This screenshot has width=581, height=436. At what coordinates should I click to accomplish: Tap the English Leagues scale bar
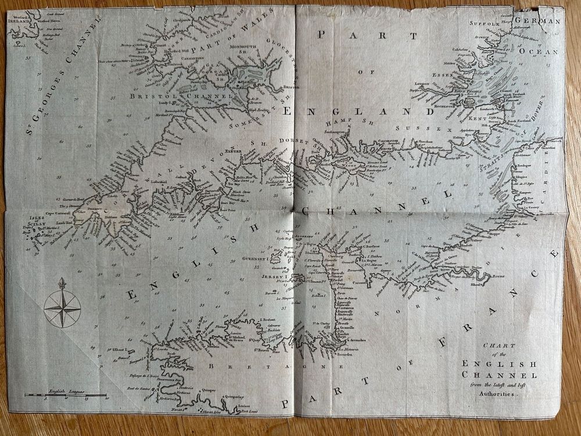click(65, 395)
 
